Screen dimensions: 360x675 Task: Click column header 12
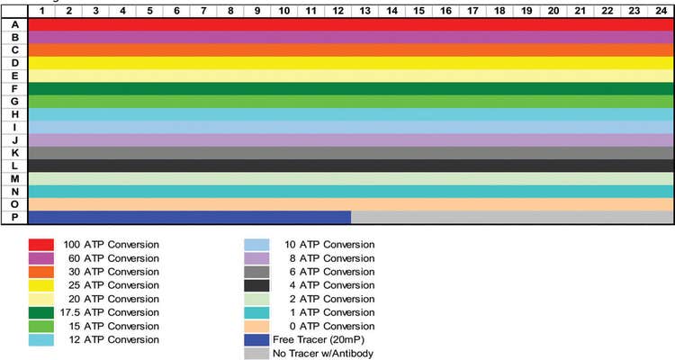pos(337,10)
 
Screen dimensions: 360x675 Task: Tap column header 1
pos(41,10)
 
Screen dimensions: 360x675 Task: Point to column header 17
pos(472,10)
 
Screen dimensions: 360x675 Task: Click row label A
pos(14,24)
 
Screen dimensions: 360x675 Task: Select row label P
pos(14,217)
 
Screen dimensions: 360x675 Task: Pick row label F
pos(14,88)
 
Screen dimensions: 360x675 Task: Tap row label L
pos(14,166)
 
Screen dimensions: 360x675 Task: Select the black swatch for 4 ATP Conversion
pos(258,285)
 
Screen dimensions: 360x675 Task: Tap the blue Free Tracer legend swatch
pos(258,339)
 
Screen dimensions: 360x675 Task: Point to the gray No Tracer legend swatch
pos(258,353)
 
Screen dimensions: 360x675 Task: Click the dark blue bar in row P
pos(189,217)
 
